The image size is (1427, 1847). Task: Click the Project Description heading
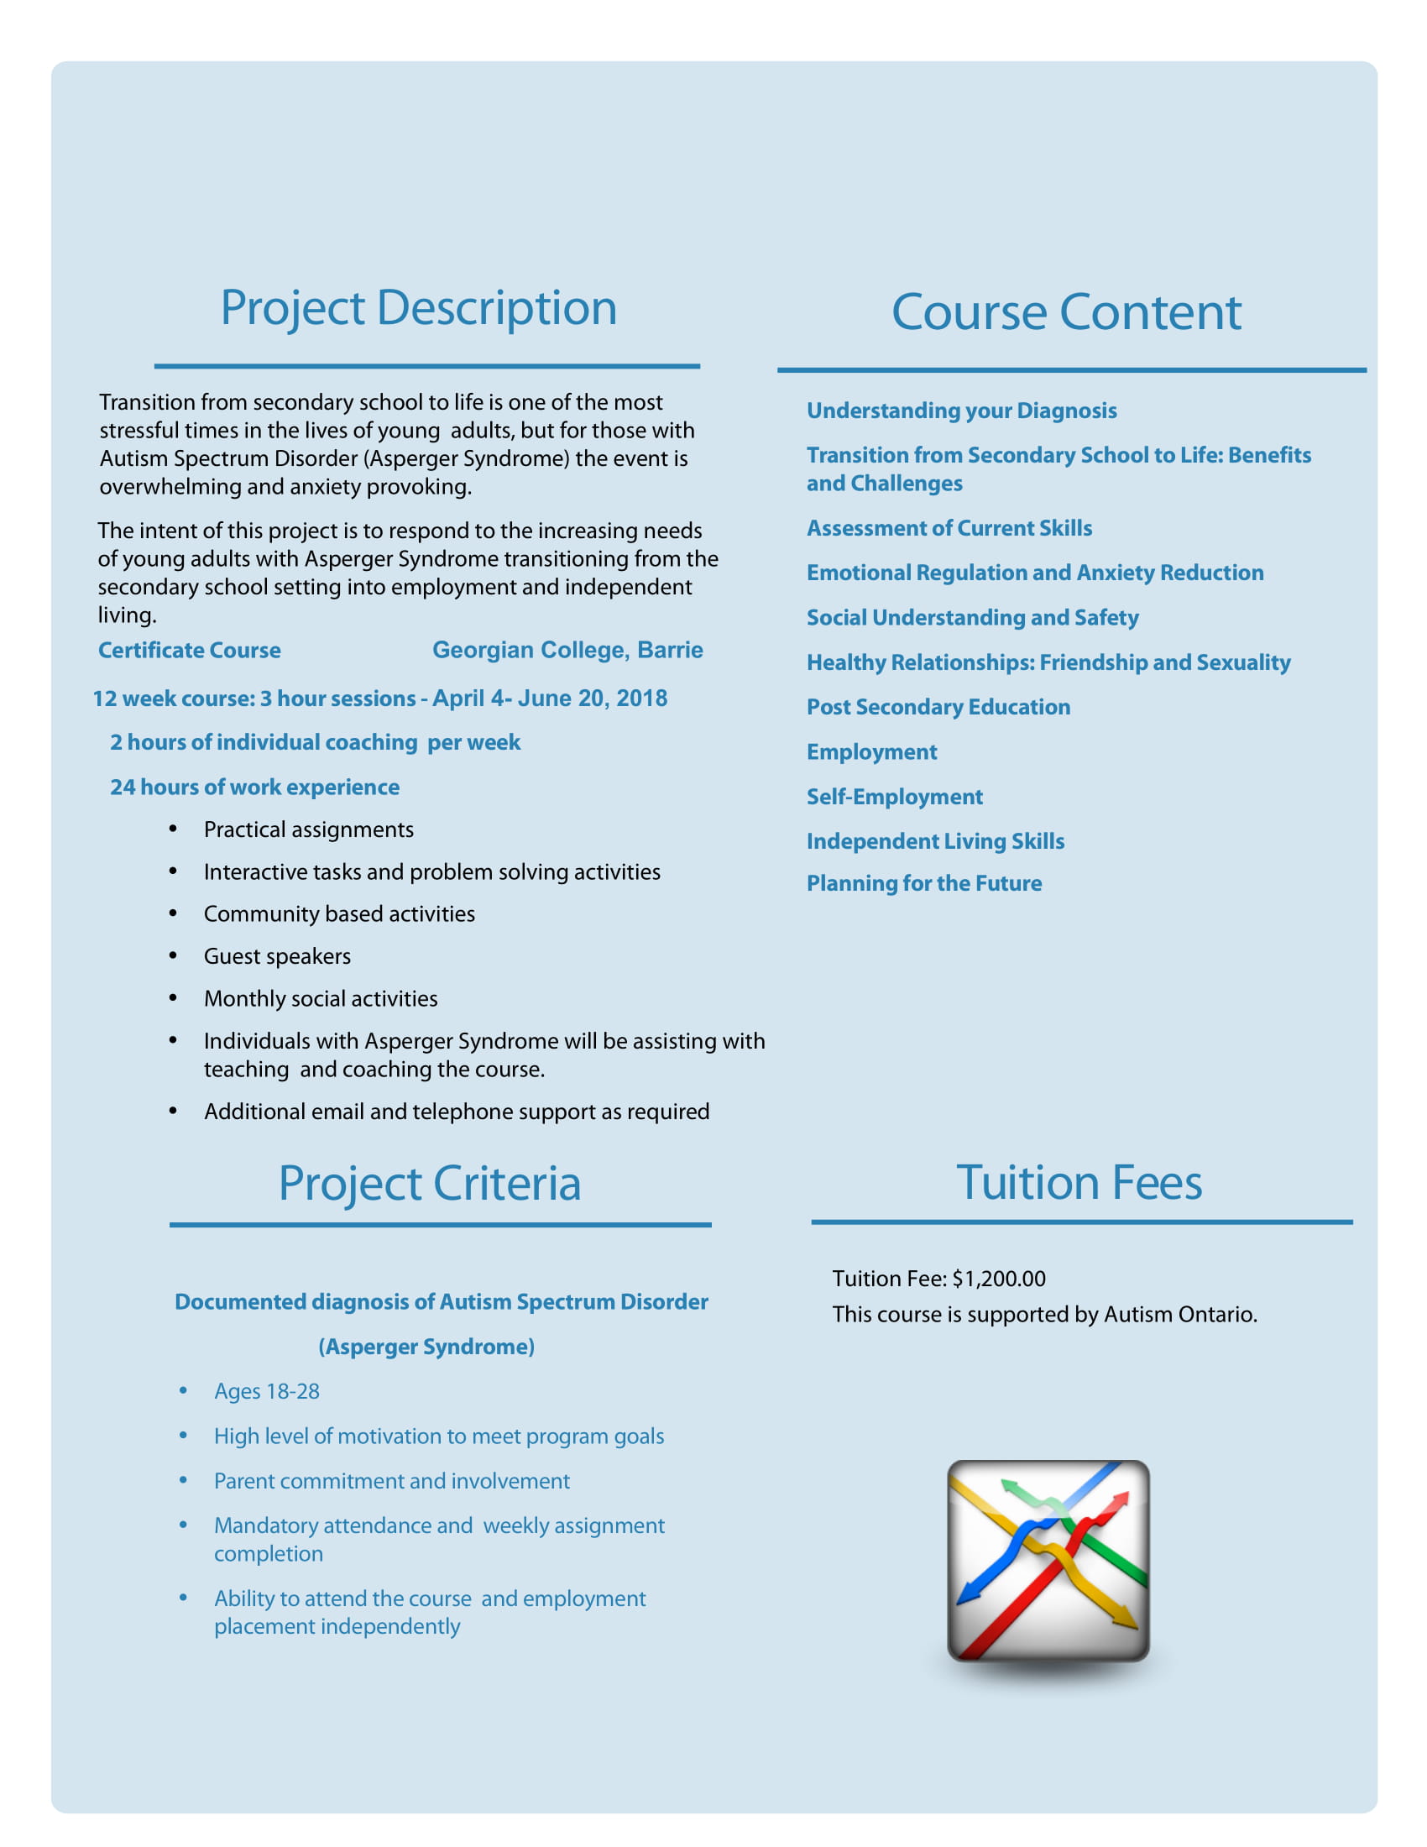pyautogui.click(x=419, y=307)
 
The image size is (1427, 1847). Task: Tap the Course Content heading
pyautogui.click(x=1066, y=312)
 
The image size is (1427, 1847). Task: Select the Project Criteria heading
pyautogui.click(x=430, y=1182)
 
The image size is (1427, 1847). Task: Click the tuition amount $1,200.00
pyautogui.click(x=998, y=1278)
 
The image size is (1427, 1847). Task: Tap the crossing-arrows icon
pyautogui.click(x=1048, y=1561)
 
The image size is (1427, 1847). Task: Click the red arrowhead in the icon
pyautogui.click(x=1119, y=1500)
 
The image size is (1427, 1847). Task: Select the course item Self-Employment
pyautogui.click(x=895, y=797)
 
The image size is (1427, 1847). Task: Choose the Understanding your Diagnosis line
pyautogui.click(x=961, y=411)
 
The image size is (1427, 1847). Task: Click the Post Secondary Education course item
pyautogui.click(x=938, y=707)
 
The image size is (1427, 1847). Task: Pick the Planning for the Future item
pyautogui.click(x=924, y=883)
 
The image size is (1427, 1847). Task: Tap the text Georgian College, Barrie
pyautogui.click(x=567, y=650)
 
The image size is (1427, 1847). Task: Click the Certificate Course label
pyautogui.click(x=190, y=651)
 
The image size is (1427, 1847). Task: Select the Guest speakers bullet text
pyautogui.click(x=277, y=956)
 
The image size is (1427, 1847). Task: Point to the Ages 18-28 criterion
pyautogui.click(x=266, y=1391)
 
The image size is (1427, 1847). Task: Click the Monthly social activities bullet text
pyautogui.click(x=321, y=999)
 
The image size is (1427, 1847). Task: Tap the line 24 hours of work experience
pyautogui.click(x=254, y=787)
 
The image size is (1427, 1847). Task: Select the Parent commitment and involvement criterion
pyautogui.click(x=391, y=1481)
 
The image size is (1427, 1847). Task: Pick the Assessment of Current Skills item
pyautogui.click(x=949, y=528)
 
